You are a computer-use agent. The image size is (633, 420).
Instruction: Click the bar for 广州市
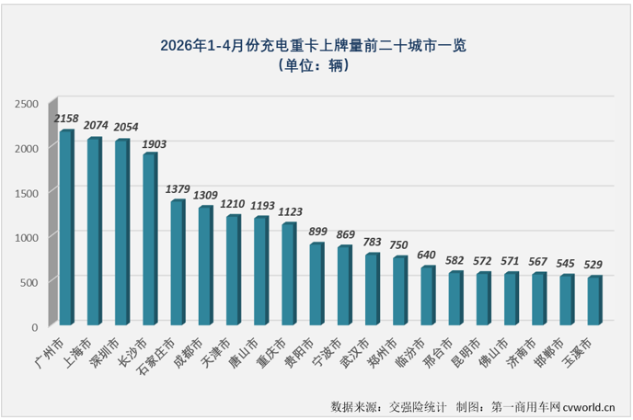[x=66, y=227]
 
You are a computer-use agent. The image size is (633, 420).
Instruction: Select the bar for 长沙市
[x=150, y=239]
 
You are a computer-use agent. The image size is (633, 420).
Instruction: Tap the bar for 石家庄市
[x=178, y=263]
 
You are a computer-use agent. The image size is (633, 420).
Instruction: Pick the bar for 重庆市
[x=289, y=274]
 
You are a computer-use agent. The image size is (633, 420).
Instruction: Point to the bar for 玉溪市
[x=595, y=301]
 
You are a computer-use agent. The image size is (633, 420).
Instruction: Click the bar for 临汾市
[x=428, y=295]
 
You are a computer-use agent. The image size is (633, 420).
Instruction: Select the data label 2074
[x=96, y=125]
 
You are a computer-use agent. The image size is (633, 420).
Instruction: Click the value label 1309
[x=205, y=196]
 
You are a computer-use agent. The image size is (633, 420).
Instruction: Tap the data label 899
[x=317, y=232]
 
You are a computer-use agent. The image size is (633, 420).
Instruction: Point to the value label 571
[x=510, y=261]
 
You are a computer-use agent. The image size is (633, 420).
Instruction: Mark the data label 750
[x=398, y=245]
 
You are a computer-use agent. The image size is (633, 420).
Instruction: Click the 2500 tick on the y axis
[x=27, y=104]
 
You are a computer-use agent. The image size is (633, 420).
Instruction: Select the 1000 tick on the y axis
[x=27, y=238]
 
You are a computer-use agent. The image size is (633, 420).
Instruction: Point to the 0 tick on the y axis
[x=35, y=327]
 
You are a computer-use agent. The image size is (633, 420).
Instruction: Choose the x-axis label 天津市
[x=216, y=353]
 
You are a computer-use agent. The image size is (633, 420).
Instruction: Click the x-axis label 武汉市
[x=355, y=353]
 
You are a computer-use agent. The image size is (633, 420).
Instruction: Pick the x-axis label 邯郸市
[x=549, y=353]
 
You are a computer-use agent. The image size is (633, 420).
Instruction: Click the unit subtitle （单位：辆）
[x=314, y=65]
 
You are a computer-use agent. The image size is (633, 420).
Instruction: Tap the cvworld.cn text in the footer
[x=589, y=407]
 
